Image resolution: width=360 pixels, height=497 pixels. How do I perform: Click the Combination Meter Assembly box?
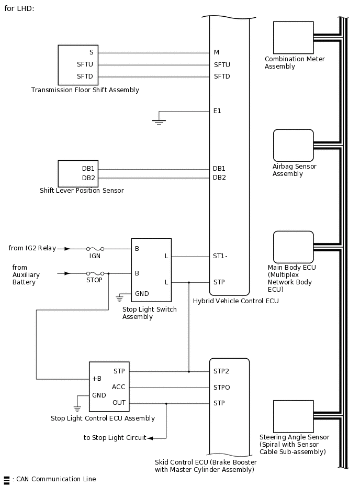[293, 38]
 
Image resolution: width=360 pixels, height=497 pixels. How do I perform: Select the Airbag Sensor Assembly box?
[293, 145]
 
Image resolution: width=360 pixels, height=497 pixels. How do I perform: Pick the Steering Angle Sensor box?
[293, 416]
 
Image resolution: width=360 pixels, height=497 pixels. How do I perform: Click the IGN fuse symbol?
[95, 249]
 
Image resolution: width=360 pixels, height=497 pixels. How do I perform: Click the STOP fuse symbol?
[95, 273]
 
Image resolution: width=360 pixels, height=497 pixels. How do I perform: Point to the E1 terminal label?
[217, 111]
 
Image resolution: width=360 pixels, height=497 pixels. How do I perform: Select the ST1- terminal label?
[220, 257]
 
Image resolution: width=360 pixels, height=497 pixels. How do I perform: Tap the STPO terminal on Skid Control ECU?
[221, 388]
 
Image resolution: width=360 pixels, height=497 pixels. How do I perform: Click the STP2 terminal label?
[221, 371]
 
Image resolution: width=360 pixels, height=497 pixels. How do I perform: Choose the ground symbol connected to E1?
[159, 122]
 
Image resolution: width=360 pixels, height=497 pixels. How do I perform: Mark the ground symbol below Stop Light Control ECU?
[77, 408]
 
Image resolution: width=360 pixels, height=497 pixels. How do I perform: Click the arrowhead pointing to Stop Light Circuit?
[150, 438]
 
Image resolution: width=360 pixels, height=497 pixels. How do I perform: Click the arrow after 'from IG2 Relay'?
[67, 249]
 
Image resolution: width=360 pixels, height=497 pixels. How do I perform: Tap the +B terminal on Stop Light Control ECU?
[97, 379]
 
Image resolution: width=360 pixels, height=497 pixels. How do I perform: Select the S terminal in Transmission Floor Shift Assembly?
[92, 53]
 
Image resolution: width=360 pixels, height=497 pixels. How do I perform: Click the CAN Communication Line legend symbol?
[6, 479]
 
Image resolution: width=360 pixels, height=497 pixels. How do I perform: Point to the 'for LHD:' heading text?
[19, 9]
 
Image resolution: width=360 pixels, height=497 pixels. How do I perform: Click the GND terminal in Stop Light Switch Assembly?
[142, 294]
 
